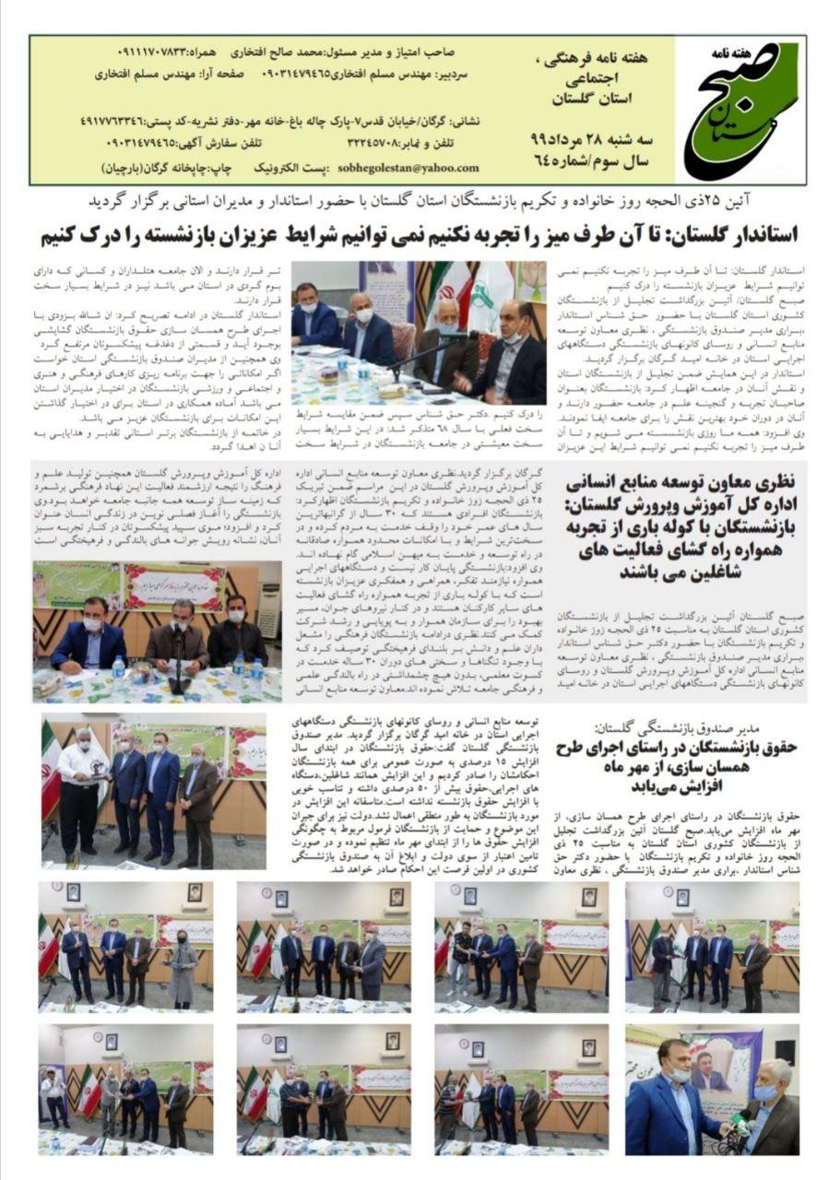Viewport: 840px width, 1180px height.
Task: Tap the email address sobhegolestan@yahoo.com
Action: point(416,168)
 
